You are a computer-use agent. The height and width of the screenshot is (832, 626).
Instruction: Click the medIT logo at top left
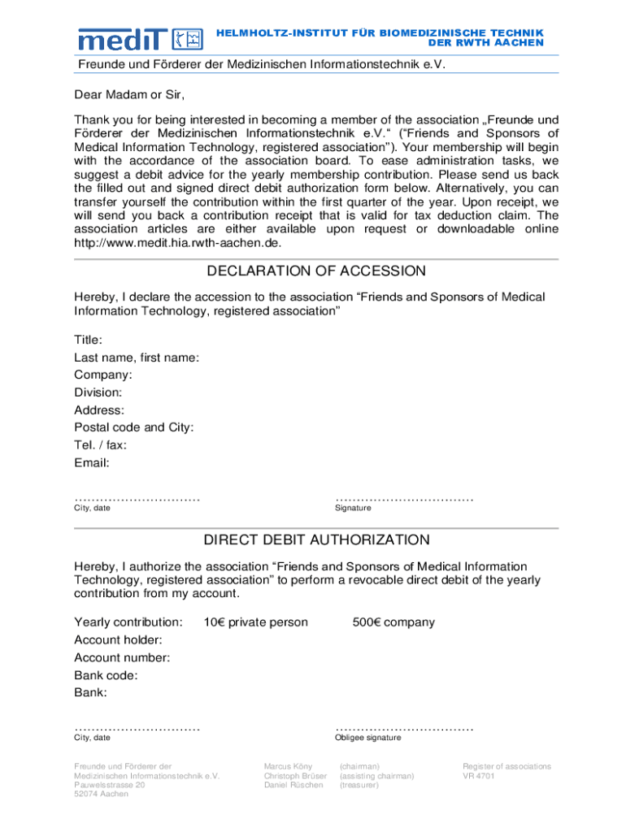pyautogui.click(x=139, y=38)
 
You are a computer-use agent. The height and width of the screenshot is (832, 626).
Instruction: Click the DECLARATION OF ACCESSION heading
pyautogui.click(x=316, y=271)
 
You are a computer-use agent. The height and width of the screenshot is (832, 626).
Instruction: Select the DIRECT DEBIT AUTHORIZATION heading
pyautogui.click(x=316, y=539)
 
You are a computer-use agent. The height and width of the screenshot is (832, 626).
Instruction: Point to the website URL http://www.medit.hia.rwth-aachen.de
pyautogui.click(x=178, y=243)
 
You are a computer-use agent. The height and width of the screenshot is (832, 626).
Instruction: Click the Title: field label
pyautogui.click(x=89, y=340)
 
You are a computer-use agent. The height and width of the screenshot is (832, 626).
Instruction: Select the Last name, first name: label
pyautogui.click(x=137, y=357)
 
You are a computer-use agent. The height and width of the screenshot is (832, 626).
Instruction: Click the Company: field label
pyautogui.click(x=103, y=375)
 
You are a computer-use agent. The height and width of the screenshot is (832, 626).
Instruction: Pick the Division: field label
pyautogui.click(x=98, y=392)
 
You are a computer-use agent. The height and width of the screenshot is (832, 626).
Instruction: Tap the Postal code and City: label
pyautogui.click(x=134, y=427)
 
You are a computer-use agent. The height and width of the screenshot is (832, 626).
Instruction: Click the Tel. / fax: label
pyautogui.click(x=101, y=445)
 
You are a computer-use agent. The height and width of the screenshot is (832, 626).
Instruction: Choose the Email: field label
pyautogui.click(x=92, y=463)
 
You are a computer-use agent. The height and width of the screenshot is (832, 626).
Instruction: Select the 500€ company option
pyautogui.click(x=393, y=622)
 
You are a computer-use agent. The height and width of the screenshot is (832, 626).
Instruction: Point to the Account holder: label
pyautogui.click(x=118, y=640)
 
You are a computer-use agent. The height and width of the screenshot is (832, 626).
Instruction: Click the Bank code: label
pyautogui.click(x=106, y=675)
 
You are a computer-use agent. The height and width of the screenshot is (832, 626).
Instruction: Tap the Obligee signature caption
pyautogui.click(x=367, y=738)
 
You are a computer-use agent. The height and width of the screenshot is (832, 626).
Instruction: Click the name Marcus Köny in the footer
pyautogui.click(x=288, y=766)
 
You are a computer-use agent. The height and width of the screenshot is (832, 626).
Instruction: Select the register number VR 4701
pyautogui.click(x=479, y=776)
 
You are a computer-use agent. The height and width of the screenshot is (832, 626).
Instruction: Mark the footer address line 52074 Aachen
pyautogui.click(x=102, y=794)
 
